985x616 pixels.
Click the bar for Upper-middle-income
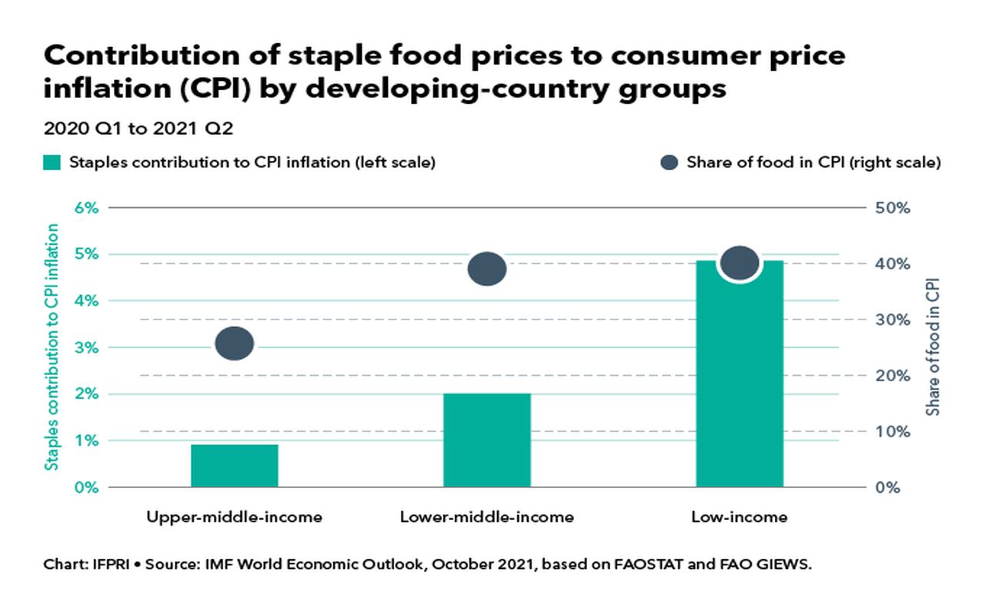[235, 466]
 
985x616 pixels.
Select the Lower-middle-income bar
[487, 440]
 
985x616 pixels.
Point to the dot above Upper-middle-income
[235, 343]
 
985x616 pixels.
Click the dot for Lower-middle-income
[487, 269]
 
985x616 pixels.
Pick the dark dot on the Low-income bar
[740, 263]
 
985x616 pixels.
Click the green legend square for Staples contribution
[52, 162]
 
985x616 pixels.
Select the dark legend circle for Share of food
[669, 162]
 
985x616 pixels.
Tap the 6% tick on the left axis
[86, 208]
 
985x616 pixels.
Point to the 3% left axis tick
[86, 348]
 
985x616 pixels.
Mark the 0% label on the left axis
[86, 487]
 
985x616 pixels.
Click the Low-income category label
[740, 517]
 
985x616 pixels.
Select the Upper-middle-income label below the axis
[235, 517]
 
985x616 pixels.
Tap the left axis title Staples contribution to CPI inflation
[52, 346]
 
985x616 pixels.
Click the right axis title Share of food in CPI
[933, 348]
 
